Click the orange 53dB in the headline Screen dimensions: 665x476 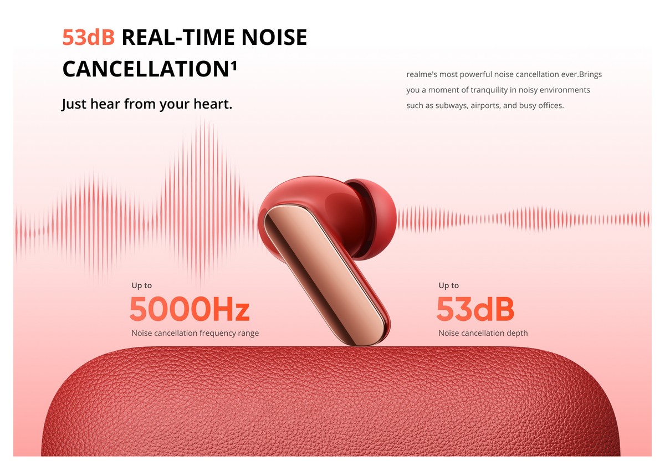click(89, 37)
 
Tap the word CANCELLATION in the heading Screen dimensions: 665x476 click(145, 69)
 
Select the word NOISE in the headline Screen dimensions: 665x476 click(274, 37)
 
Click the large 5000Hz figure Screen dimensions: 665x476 click(190, 309)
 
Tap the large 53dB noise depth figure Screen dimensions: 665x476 click(475, 309)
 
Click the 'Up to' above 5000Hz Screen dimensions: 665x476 click(142, 286)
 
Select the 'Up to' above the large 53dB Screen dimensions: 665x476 click(448, 286)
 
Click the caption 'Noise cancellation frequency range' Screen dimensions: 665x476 click(195, 334)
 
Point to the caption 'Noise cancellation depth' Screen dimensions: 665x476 click(483, 333)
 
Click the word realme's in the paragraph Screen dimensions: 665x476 click(422, 74)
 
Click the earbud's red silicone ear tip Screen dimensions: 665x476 click(376, 218)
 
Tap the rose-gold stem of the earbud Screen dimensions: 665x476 click(326, 275)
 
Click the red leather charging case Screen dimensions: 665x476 click(330, 402)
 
